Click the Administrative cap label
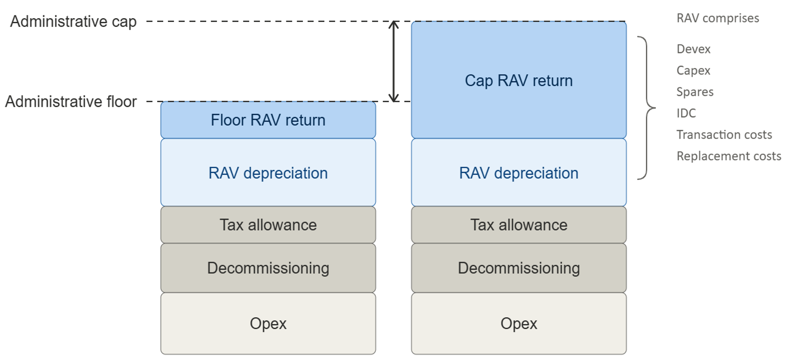coord(73,22)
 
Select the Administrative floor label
coord(71,101)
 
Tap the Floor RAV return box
coord(268,120)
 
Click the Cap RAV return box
coord(519,80)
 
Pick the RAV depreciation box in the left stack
coord(268,172)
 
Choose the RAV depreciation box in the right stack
coord(519,172)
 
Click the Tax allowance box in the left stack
coord(268,225)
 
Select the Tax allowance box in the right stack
coord(519,225)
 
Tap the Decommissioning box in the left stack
coord(268,268)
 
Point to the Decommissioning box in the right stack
coord(519,268)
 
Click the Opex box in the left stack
coord(268,324)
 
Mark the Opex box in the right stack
coord(519,324)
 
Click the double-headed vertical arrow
coord(394,61)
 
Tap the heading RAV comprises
coord(718,18)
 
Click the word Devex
coord(693,49)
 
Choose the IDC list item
coord(686,113)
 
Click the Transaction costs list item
coord(724,135)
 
